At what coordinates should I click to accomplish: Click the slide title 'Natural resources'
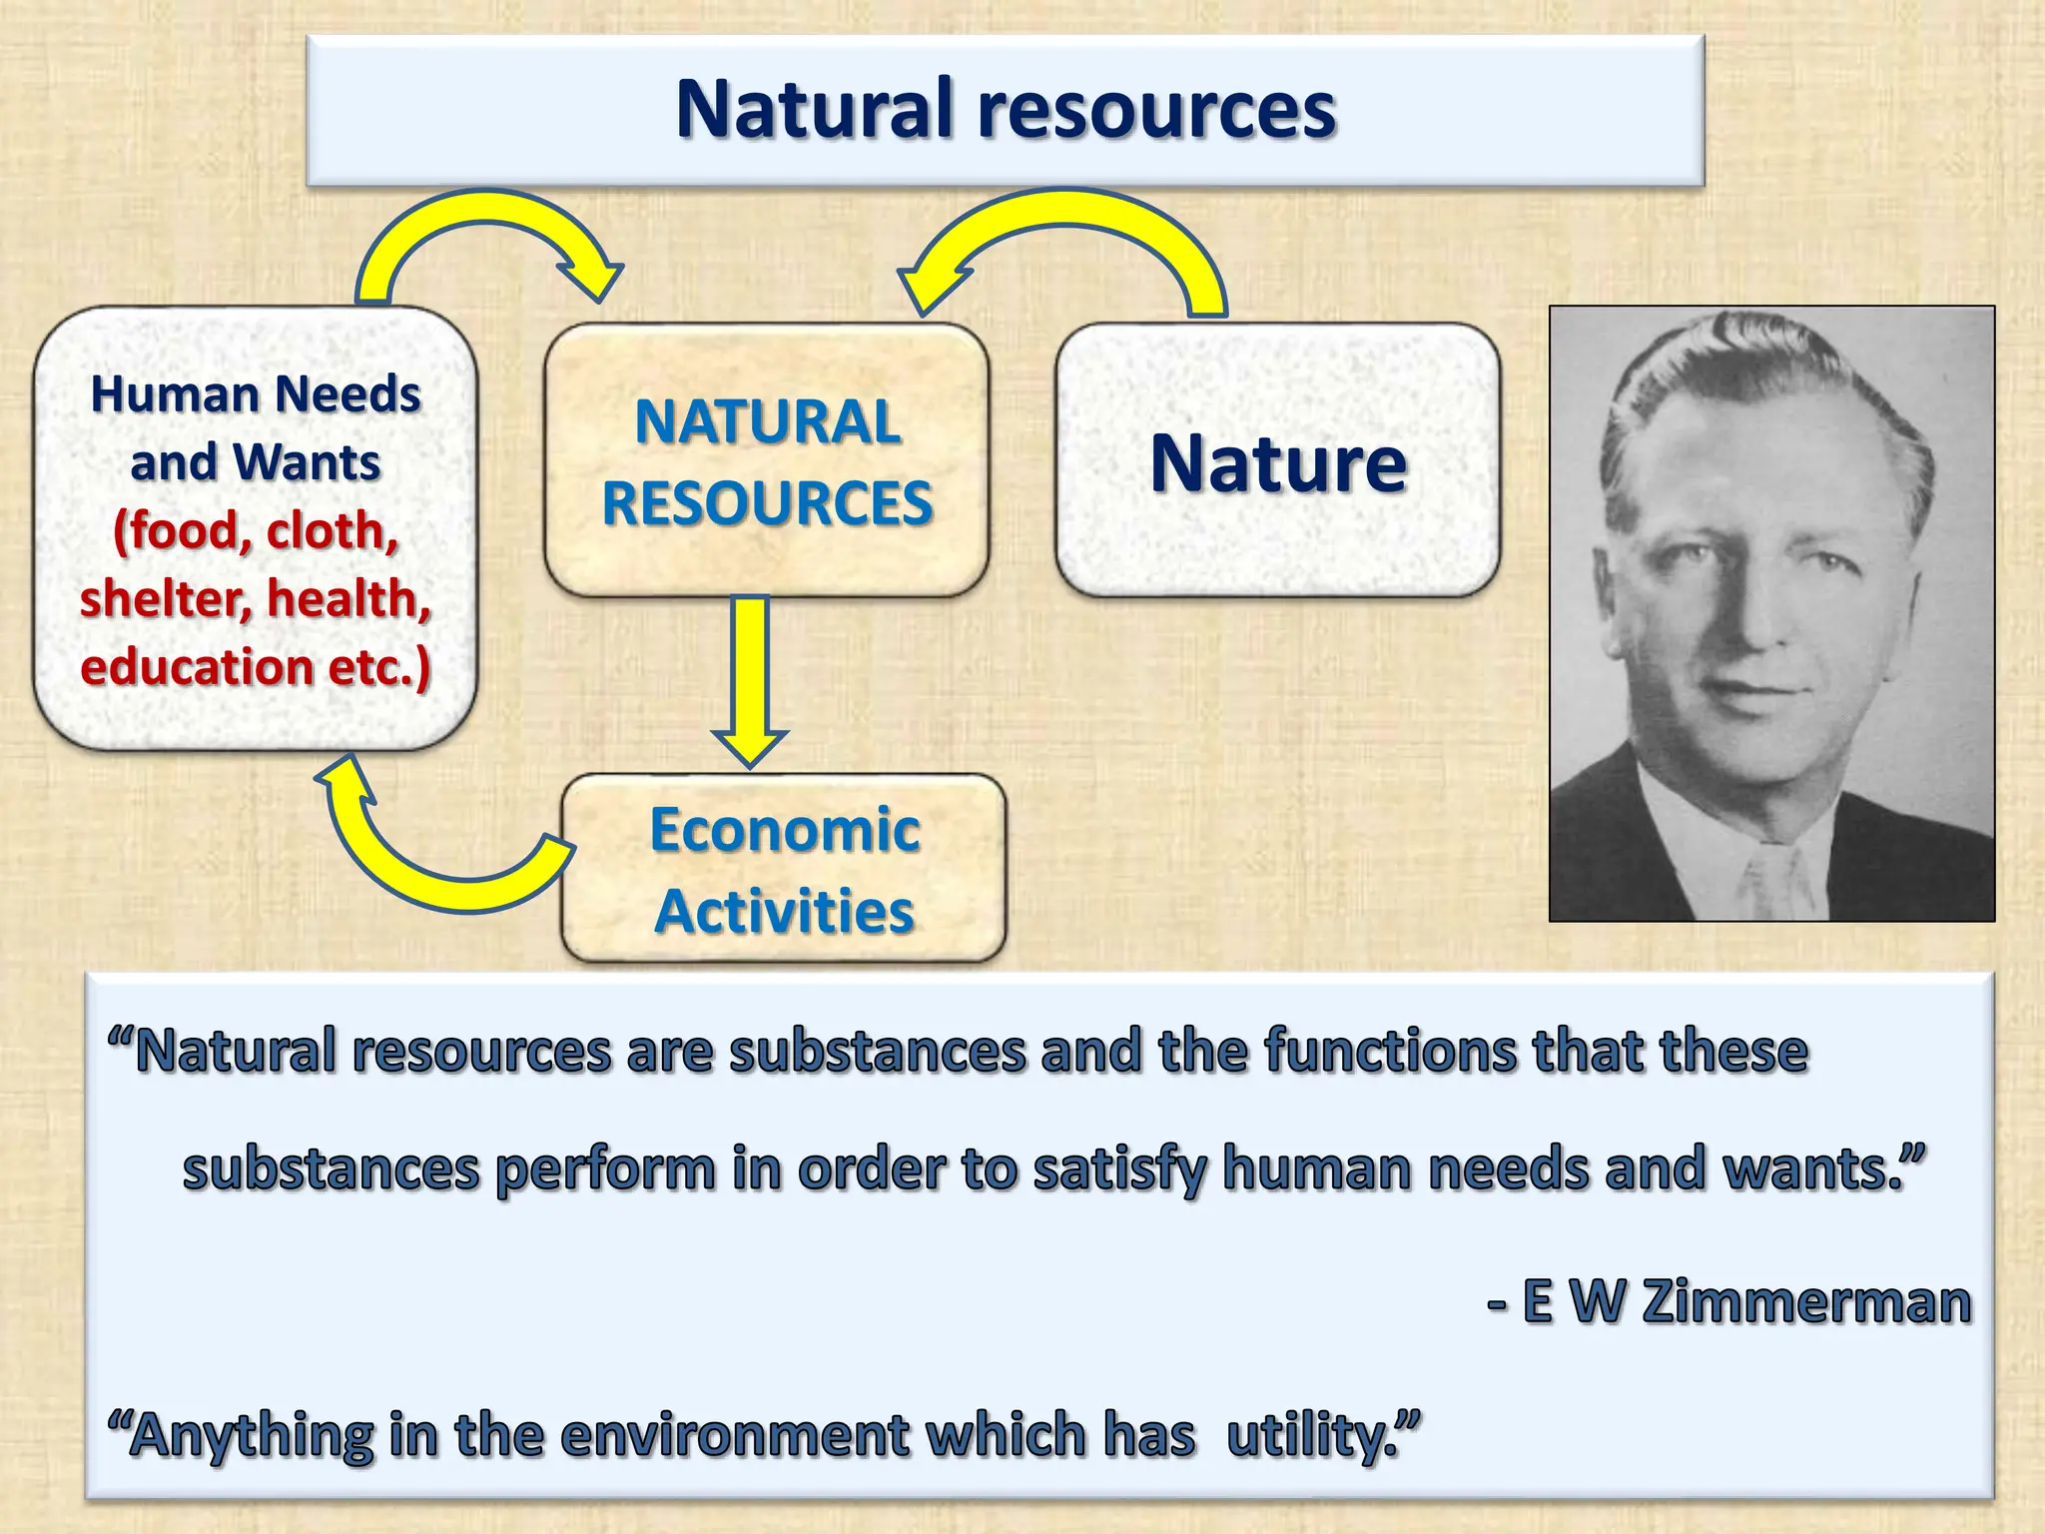(x=1005, y=109)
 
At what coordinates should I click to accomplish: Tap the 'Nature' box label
(x=1277, y=463)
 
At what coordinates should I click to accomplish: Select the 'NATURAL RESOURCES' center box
(x=767, y=461)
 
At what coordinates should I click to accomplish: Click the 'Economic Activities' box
(x=784, y=870)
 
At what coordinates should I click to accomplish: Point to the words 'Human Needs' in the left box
(x=256, y=394)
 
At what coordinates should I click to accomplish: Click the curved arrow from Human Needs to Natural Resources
(x=479, y=225)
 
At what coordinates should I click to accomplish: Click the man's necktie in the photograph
(x=1772, y=879)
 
